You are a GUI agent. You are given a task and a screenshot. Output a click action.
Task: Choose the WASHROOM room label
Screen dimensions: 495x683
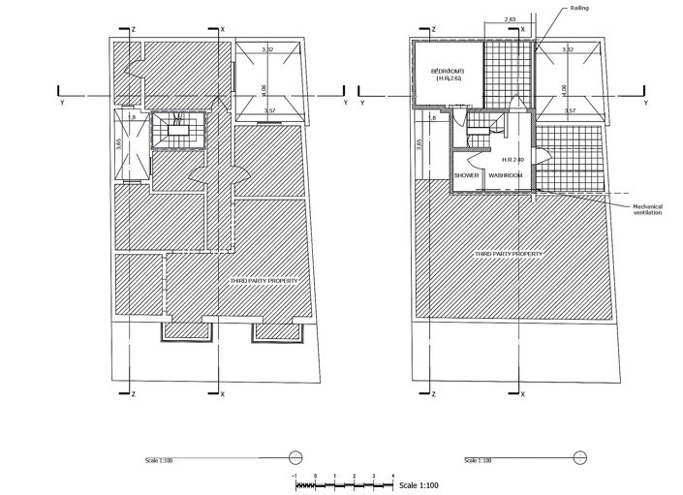[x=506, y=175]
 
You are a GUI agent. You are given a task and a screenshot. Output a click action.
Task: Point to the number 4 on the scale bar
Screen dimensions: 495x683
[x=392, y=476]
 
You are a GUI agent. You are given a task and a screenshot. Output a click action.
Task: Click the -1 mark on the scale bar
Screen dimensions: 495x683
[x=295, y=476]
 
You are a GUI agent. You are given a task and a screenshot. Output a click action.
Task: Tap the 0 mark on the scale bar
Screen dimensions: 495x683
[x=315, y=476]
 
